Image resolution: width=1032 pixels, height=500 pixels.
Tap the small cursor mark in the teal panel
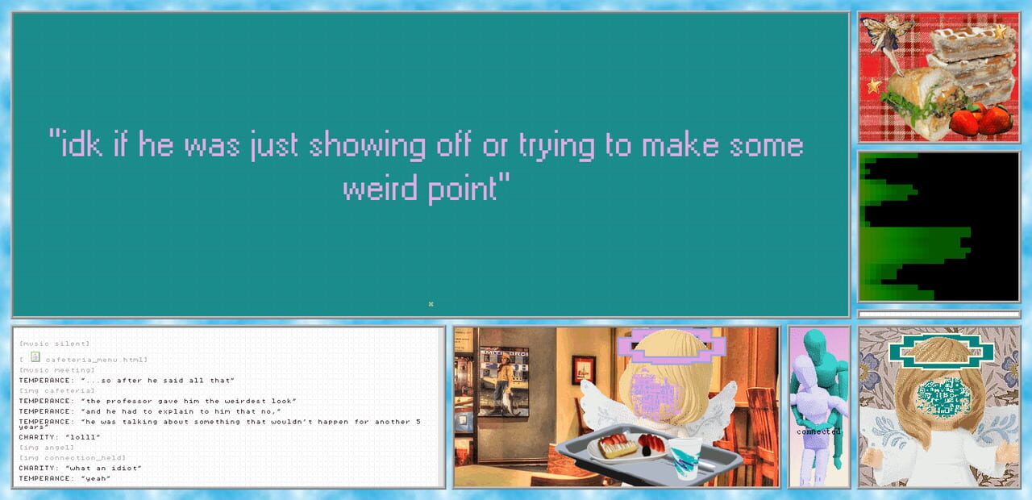431,304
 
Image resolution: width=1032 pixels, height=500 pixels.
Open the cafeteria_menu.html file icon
35,356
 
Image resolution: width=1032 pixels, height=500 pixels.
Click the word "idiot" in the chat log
127,469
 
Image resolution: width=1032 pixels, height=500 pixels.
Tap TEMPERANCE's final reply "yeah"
97,478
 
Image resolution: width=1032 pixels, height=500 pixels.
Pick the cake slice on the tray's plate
618,445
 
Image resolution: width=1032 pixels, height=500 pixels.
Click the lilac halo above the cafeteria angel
671,346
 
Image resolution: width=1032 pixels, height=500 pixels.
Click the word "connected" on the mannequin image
818,431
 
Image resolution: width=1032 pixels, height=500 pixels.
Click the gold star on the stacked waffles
1000,32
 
